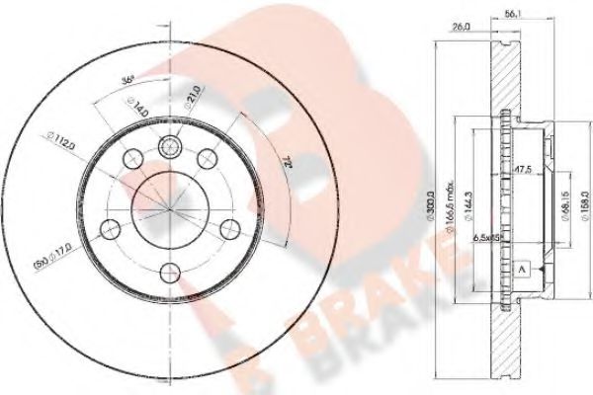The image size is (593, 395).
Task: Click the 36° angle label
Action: coord(126,80)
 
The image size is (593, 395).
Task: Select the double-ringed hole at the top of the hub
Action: coord(170,145)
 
